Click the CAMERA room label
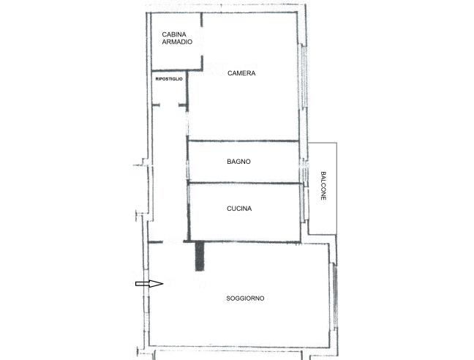click(241, 73)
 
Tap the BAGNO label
click(238, 162)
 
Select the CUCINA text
click(239, 209)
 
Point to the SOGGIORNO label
click(245, 299)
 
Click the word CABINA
click(174, 34)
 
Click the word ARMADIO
click(177, 42)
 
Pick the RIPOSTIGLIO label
click(169, 79)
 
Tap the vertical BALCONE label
click(323, 186)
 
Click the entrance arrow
click(149, 283)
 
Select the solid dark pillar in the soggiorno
click(200, 256)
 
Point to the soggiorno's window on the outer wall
click(334, 296)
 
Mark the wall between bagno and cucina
click(245, 183)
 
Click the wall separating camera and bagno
click(244, 141)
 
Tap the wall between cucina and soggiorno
click(242, 241)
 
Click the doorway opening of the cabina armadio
click(202, 41)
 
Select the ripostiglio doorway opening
click(169, 105)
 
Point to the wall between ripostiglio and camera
click(187, 89)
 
